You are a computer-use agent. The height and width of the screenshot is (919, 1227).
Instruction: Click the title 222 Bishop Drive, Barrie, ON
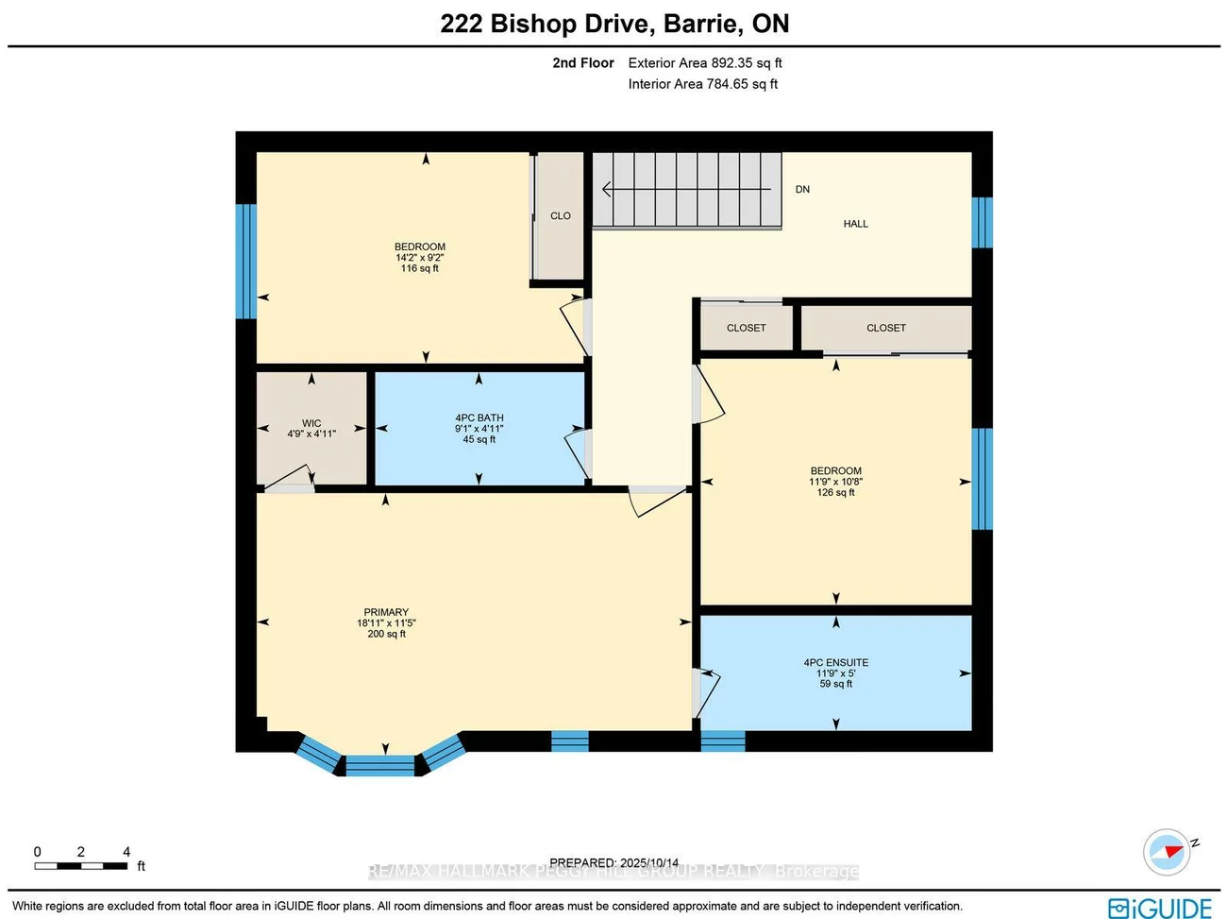pos(614,24)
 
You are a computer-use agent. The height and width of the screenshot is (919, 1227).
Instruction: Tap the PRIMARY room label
pos(386,612)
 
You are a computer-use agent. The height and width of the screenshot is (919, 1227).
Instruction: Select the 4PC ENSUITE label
pos(835,662)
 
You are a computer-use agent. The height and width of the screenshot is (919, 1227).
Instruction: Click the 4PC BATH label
pos(479,417)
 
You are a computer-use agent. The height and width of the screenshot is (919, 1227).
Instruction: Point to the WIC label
pos(311,423)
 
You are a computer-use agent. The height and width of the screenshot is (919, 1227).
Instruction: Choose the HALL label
pos(855,224)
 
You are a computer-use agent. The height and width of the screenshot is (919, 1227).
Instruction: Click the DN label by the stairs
pos(802,189)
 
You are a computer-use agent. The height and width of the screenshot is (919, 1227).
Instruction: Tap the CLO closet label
pos(561,215)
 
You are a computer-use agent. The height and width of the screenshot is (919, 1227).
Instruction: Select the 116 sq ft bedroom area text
pos(420,268)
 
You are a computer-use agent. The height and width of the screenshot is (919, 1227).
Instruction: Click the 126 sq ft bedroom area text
pos(835,492)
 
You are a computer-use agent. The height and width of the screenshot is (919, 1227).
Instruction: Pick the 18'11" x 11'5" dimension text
pos(386,623)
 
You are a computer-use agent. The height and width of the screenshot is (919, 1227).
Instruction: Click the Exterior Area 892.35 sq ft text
pos(705,63)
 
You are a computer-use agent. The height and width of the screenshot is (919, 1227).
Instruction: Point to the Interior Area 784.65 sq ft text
pos(703,84)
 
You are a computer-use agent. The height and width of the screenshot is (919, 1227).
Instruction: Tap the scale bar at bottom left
pos(81,865)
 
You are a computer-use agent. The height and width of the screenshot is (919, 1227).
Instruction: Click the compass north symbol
pos(1168,852)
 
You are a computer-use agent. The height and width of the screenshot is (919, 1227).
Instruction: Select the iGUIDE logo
pos(1160,908)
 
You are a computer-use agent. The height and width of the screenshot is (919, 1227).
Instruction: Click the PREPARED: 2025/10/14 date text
pos(613,862)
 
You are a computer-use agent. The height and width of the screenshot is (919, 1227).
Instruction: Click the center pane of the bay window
pos(379,765)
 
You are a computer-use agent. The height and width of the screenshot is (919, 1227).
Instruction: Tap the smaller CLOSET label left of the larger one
pos(746,328)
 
